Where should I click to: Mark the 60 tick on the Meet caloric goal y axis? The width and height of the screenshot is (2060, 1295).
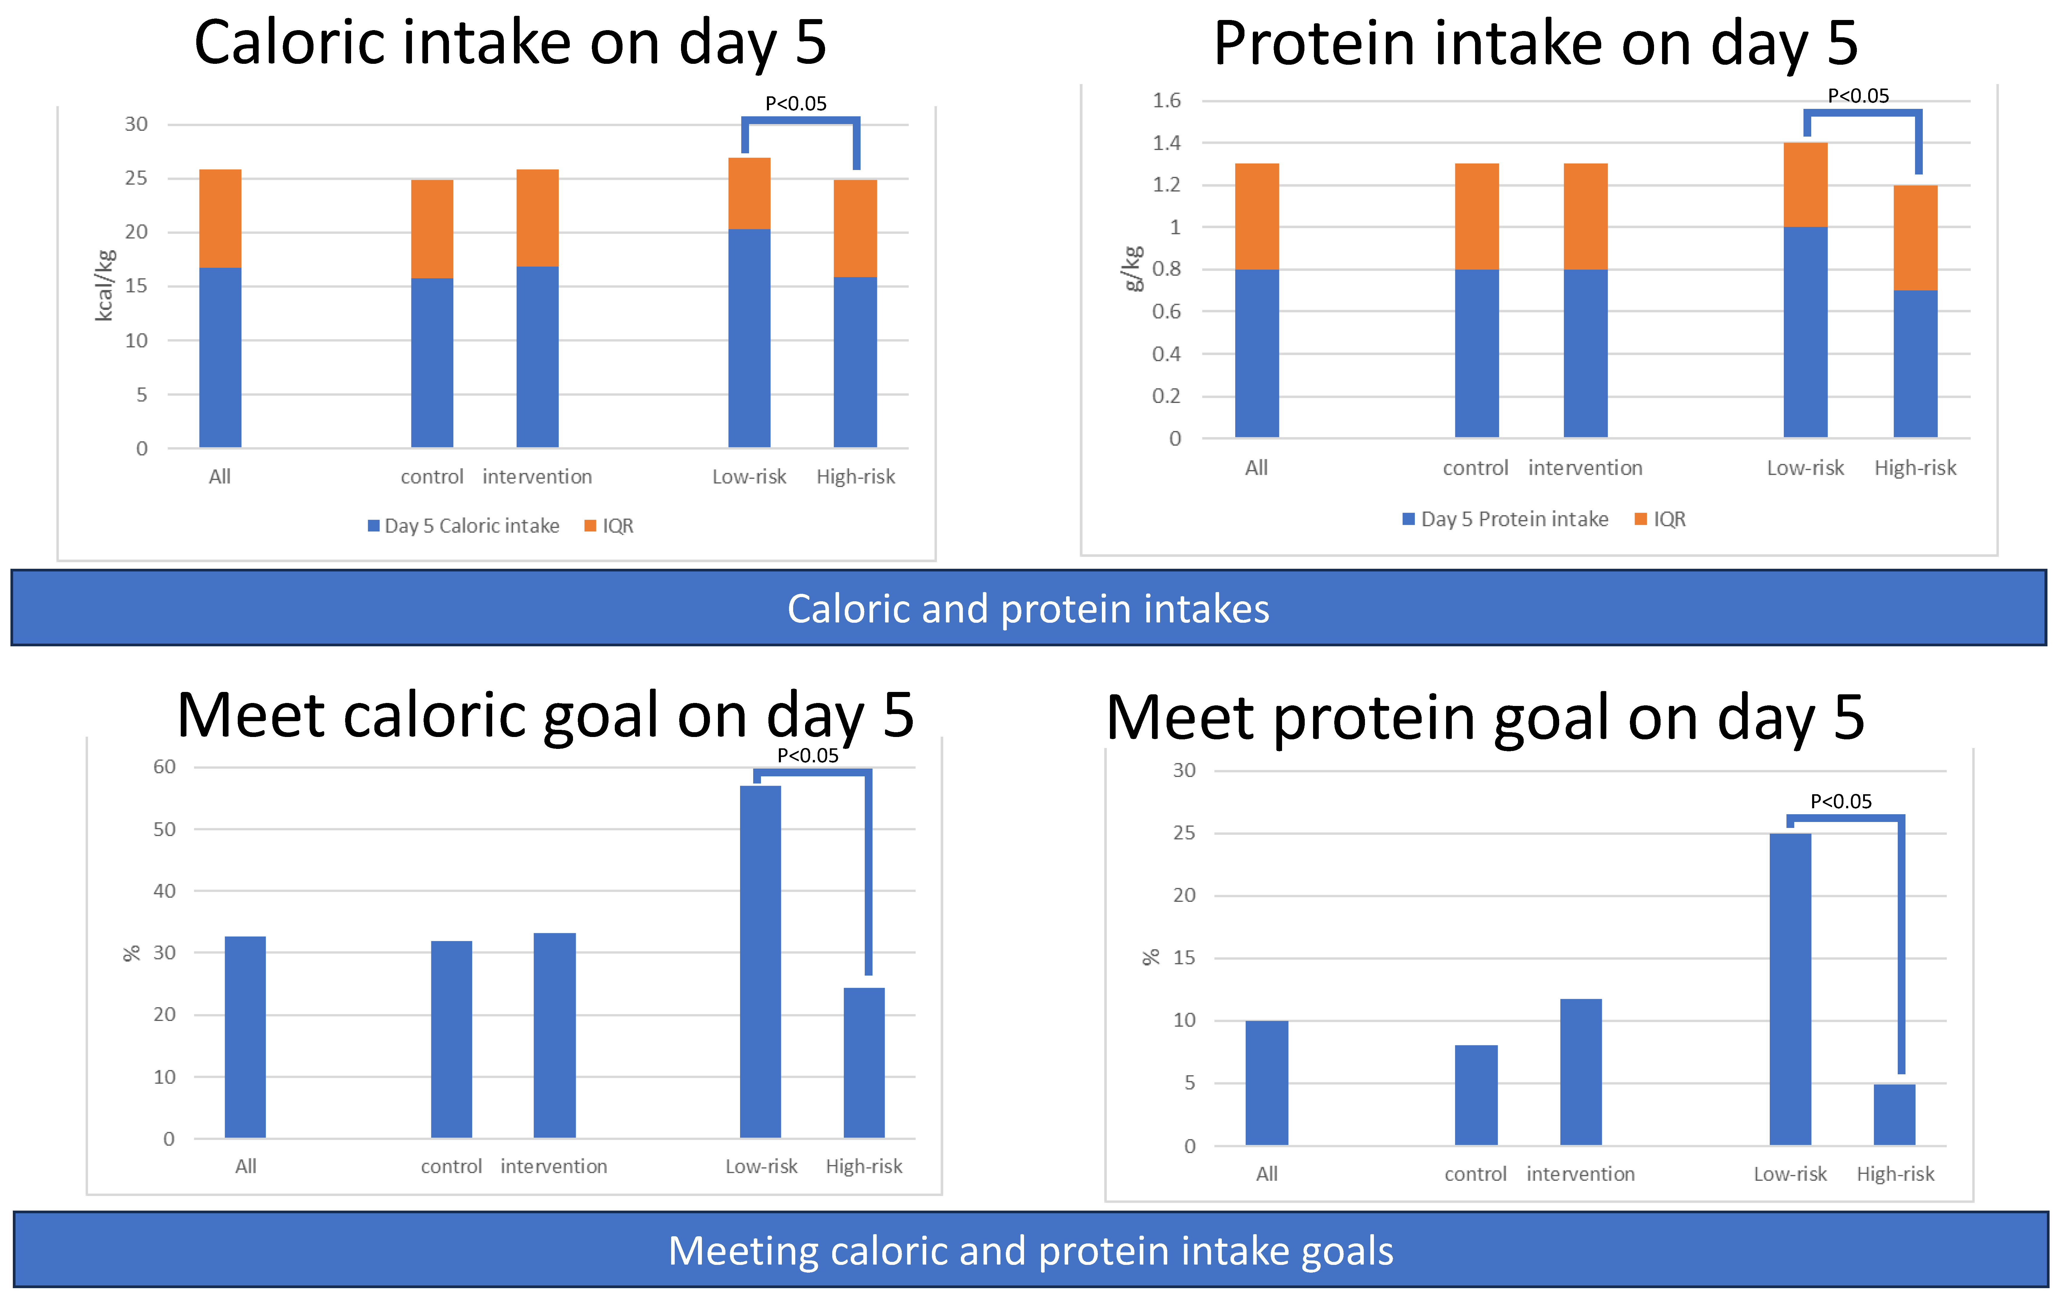164,767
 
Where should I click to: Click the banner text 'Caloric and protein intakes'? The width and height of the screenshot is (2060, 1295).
1028,609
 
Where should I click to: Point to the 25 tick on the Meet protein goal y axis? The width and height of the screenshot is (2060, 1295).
1184,833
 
